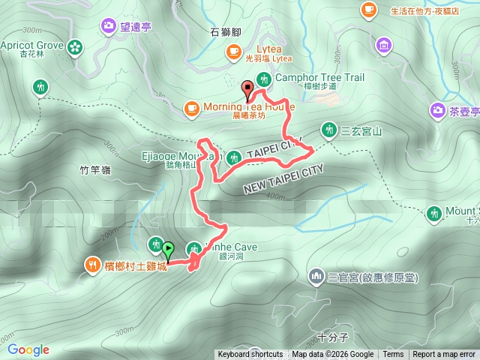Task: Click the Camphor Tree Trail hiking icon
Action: pos(263,79)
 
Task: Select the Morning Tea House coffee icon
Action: pos(192,108)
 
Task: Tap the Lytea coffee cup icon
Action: pos(234,51)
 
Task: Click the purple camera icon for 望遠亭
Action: pos(109,27)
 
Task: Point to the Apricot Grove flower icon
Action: pos(74,47)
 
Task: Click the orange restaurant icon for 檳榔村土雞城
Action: pos(93,264)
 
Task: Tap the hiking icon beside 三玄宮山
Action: pos(328,129)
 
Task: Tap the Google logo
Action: pos(28,349)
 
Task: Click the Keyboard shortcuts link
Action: pos(250,355)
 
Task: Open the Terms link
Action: pos(393,355)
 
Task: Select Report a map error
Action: pos(445,355)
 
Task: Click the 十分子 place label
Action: pos(331,337)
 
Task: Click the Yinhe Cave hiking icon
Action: pos(194,247)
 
